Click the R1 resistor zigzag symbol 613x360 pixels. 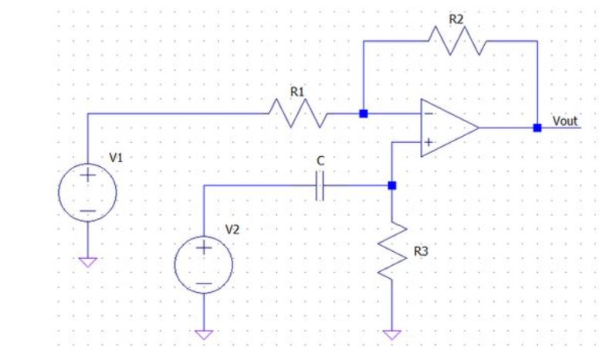[297, 114]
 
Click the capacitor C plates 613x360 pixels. [322, 185]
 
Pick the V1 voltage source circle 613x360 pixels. [87, 192]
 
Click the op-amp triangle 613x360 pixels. [447, 128]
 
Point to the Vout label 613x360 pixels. [564, 121]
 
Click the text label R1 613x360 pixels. [297, 92]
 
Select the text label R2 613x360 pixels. [457, 19]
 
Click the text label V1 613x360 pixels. [116, 157]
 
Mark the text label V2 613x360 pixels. [232, 229]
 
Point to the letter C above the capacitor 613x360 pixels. [320, 164]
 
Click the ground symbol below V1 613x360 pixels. [87, 261]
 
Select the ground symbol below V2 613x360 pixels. [203, 335]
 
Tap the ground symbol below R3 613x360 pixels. [391, 335]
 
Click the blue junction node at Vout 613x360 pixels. [537, 128]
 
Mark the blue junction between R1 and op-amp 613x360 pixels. [364, 114]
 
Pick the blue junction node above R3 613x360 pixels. [391, 185]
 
